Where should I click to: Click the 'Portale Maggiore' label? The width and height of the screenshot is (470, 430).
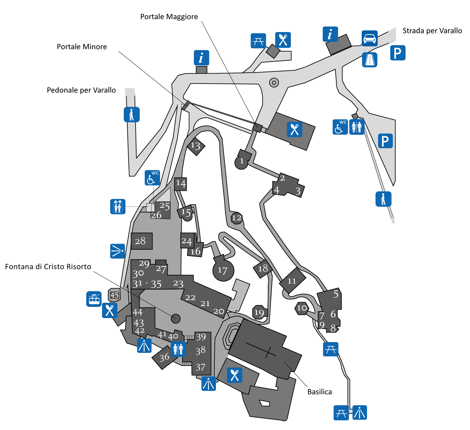(x=169, y=17)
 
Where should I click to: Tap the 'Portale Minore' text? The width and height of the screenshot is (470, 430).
(x=82, y=47)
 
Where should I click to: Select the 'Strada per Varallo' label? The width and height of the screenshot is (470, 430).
(x=432, y=31)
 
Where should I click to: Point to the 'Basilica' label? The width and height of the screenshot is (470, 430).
(x=319, y=392)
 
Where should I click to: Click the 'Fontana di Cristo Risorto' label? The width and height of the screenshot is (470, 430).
(x=48, y=267)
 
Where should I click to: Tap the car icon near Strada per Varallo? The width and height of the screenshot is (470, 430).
(x=370, y=38)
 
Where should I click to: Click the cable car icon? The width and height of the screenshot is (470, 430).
(x=94, y=299)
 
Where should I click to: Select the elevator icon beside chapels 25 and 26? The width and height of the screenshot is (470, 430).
(x=118, y=207)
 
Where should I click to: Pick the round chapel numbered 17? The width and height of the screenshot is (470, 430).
(x=223, y=270)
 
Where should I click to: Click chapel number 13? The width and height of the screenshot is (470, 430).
(x=195, y=146)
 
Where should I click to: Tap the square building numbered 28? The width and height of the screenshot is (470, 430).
(x=141, y=241)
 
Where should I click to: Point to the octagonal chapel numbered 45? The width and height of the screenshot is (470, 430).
(x=114, y=295)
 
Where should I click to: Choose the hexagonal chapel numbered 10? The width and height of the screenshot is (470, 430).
(x=302, y=308)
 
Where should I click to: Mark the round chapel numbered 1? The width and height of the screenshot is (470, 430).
(x=241, y=162)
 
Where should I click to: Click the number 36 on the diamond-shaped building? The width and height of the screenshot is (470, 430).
(x=164, y=358)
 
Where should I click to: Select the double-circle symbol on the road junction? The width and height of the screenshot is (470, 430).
(x=274, y=83)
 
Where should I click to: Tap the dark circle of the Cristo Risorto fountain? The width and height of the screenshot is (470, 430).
(x=176, y=318)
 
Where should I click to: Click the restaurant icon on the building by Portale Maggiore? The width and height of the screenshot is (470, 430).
(x=294, y=129)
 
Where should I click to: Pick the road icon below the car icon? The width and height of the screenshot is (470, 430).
(x=370, y=60)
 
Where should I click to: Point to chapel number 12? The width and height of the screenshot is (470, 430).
(x=237, y=218)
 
